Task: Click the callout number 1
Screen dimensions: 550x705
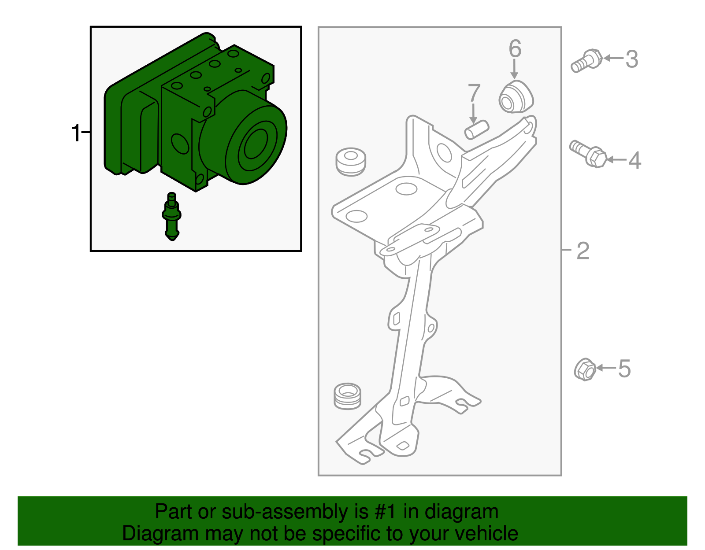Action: (x=76, y=133)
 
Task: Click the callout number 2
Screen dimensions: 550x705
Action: (x=583, y=251)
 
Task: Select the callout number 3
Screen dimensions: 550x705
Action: (x=632, y=59)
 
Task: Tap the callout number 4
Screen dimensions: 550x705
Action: (x=634, y=160)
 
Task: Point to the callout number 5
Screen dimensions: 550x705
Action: (x=624, y=368)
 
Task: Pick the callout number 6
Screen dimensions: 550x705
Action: (x=515, y=48)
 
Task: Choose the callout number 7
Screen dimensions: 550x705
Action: (x=474, y=93)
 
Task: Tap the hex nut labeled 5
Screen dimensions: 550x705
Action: (x=585, y=369)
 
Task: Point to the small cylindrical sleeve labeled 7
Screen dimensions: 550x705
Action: (x=477, y=129)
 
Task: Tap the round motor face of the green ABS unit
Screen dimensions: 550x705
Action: (x=255, y=144)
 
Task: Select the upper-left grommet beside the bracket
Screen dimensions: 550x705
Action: (x=351, y=162)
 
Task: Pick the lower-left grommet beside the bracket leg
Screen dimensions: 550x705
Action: (x=348, y=396)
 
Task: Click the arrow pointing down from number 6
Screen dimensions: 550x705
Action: (x=514, y=70)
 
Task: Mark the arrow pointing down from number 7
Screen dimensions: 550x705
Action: (x=473, y=113)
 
